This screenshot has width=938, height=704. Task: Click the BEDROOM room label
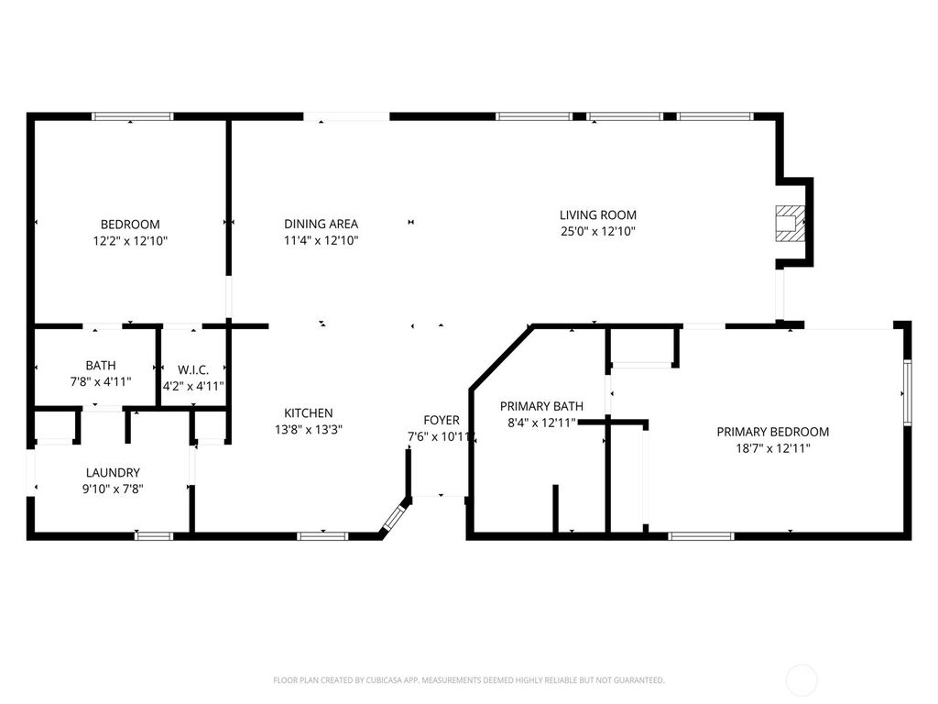[x=130, y=225]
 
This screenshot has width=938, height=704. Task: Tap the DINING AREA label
[x=321, y=224]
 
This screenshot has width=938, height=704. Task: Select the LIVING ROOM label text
[x=597, y=215]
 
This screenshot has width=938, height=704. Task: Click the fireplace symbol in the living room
[x=788, y=223]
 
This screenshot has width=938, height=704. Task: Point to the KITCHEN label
[x=308, y=413]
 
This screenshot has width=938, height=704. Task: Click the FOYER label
[x=441, y=421]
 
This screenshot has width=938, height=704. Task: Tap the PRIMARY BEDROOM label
[x=772, y=432]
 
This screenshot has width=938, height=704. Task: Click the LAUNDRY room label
[x=114, y=473]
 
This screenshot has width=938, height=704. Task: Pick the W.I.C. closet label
[x=192, y=370]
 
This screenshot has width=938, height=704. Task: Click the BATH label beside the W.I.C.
[x=101, y=365]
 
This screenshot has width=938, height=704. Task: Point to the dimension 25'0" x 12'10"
[x=597, y=232]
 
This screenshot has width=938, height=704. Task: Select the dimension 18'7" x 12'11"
[x=772, y=448]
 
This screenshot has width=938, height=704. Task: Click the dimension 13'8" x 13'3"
[x=308, y=429]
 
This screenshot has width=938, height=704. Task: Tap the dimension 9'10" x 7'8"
[x=114, y=489]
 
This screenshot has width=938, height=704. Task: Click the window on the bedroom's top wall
[x=133, y=116]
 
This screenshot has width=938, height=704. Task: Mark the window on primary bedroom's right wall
[x=907, y=392]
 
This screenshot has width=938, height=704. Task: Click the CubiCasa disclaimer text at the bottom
[x=468, y=680]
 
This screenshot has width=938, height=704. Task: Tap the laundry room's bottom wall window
[x=153, y=535]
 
